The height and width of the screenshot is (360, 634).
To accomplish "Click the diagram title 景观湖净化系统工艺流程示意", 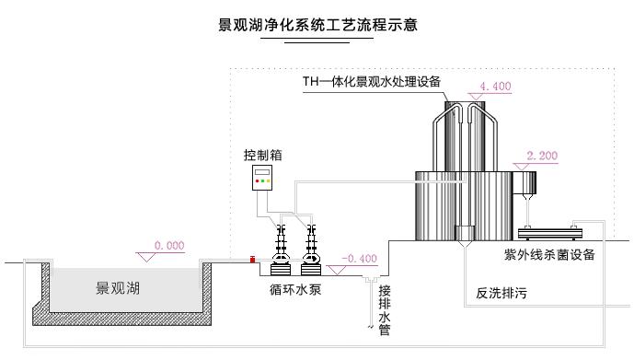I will click(x=317, y=25).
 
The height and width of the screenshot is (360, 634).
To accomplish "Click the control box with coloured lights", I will click(x=264, y=178).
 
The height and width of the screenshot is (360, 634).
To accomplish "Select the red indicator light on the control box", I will click(x=259, y=181).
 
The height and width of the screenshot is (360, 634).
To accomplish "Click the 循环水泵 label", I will click(x=294, y=287).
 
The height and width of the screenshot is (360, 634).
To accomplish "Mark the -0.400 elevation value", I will click(x=359, y=258).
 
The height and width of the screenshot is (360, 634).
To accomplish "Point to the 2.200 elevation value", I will click(x=542, y=156).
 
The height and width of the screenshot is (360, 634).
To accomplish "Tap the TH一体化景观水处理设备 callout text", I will click(x=373, y=81).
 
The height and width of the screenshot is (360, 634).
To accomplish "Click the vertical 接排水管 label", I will click(x=385, y=308).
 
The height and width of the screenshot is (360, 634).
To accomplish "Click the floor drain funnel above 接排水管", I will click(x=371, y=279).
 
